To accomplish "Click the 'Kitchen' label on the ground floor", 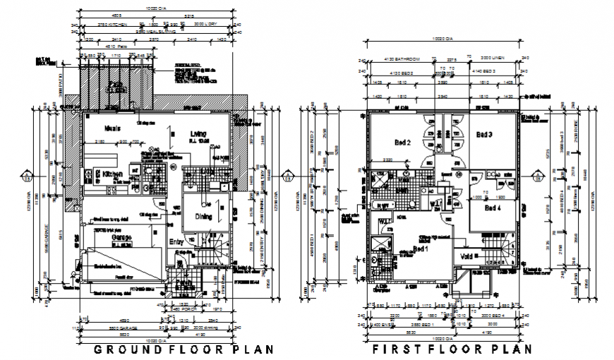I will [x=114, y=173].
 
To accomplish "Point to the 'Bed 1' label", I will [x=421, y=249].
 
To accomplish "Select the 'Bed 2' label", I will [x=403, y=143].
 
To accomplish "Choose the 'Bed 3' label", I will [x=483, y=134].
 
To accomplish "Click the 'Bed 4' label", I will [x=492, y=208].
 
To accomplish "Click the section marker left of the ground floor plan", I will [x=26, y=175].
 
